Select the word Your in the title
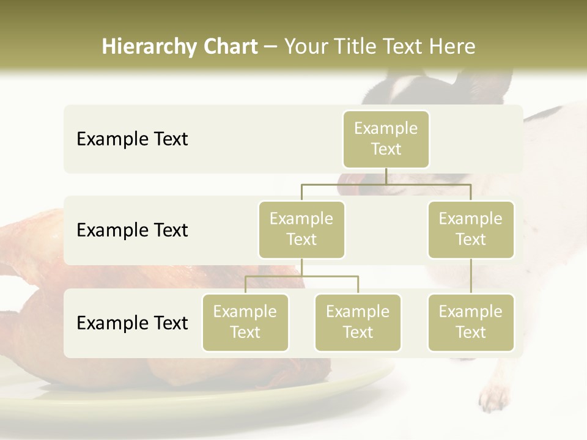[x=305, y=46]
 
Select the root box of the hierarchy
[x=386, y=139]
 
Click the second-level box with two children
[x=301, y=229]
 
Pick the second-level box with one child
[x=471, y=229]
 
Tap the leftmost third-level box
[x=245, y=322]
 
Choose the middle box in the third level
[x=358, y=322]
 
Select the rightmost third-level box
[x=471, y=322]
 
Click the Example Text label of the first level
[x=132, y=139]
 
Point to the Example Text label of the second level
[x=132, y=230]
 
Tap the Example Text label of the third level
[x=132, y=323]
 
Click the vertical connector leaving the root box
[x=386, y=176]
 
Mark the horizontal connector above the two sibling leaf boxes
[x=301, y=276]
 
